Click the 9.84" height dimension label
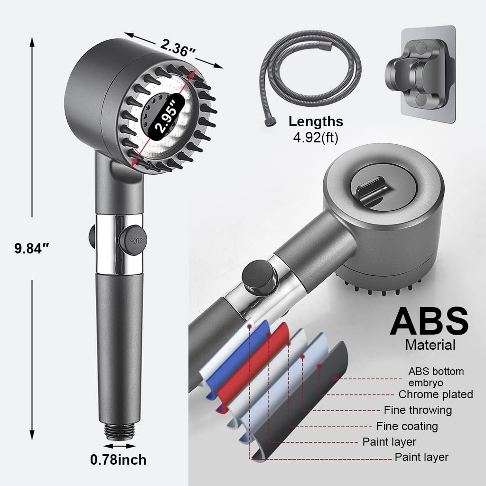pos(31,248)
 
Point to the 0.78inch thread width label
pos(118,459)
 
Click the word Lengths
pos(316,121)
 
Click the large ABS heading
pos(429,321)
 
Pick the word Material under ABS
pos(430,345)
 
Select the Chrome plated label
pos(435,394)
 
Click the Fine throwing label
pos(418,410)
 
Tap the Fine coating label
pos(407,426)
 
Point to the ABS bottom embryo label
pos(436,376)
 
